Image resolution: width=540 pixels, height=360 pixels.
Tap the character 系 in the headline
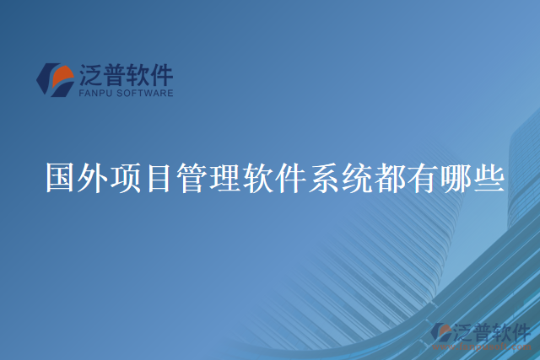pos(325,178)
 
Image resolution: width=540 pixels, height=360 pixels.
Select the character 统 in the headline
pos(358,178)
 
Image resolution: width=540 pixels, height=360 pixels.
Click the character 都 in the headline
pos(391,178)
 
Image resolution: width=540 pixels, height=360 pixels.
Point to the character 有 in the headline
pos(424,178)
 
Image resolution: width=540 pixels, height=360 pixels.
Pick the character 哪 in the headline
pos(456,178)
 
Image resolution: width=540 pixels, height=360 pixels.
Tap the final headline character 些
pos(489,178)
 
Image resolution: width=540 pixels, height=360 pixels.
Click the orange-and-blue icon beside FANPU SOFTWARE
pos(55,79)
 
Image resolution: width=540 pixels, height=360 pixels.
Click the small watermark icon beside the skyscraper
pos(440,333)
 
